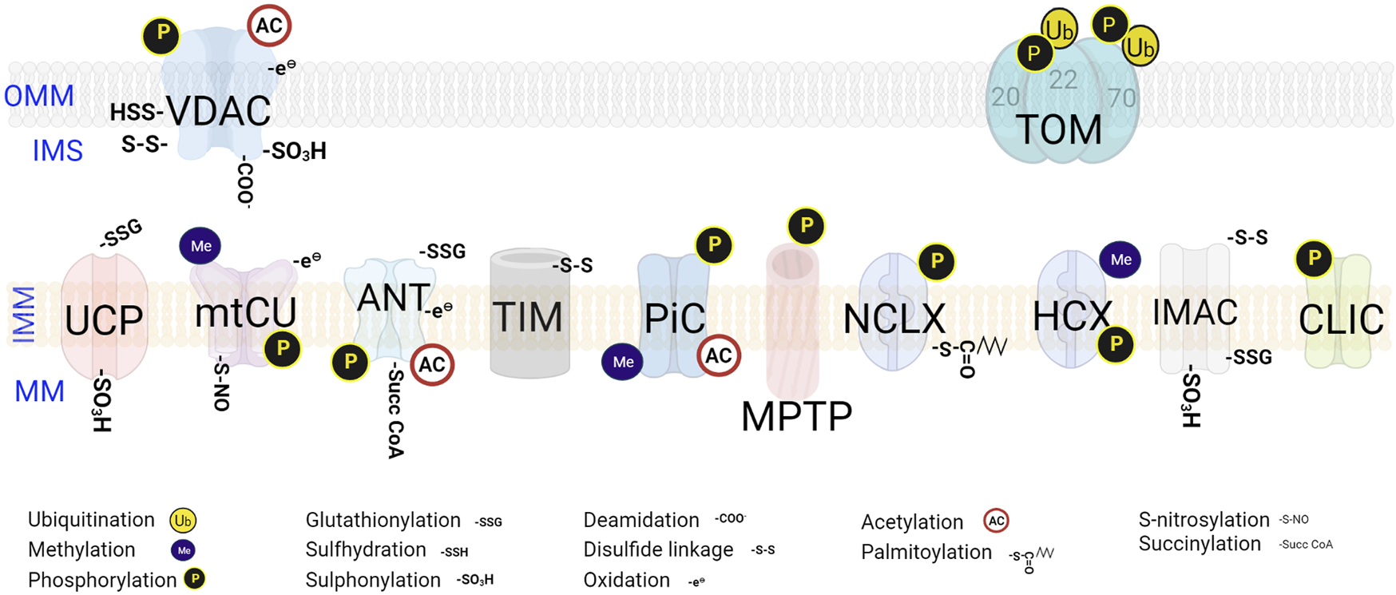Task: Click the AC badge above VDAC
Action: click(x=269, y=26)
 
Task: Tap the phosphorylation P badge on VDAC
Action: click(x=162, y=34)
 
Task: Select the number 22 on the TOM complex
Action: click(x=1063, y=80)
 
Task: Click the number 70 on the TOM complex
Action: click(x=1121, y=98)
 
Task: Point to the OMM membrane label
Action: click(x=38, y=97)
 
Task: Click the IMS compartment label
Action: click(x=58, y=151)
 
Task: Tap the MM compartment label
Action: click(x=40, y=391)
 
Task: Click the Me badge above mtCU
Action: click(x=200, y=246)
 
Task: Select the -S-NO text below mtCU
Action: click(x=221, y=387)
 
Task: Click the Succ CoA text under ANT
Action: click(x=395, y=413)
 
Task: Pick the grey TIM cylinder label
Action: click(x=527, y=317)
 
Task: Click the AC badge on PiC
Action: click(x=719, y=356)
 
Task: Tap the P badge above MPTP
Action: click(x=807, y=226)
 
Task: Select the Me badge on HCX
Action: click(x=1120, y=260)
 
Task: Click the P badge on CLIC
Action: click(x=1314, y=259)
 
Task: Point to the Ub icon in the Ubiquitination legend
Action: click(x=183, y=522)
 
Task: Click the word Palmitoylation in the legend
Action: click(x=926, y=552)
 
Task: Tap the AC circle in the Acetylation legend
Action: click(x=996, y=522)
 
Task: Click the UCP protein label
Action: click(x=104, y=320)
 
